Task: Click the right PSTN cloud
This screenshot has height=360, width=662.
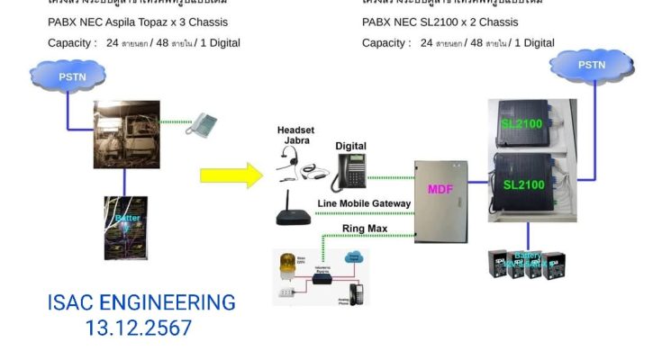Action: [591, 66]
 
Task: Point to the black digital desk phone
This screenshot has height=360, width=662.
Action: [349, 171]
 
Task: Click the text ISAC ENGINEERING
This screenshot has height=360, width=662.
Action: [141, 303]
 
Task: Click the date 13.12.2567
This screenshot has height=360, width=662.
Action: [139, 328]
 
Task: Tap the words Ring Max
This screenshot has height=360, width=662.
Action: [366, 229]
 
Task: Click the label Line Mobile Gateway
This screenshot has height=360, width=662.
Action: [365, 203]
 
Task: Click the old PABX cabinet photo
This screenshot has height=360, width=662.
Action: [127, 135]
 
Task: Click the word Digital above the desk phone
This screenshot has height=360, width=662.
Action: [350, 146]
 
